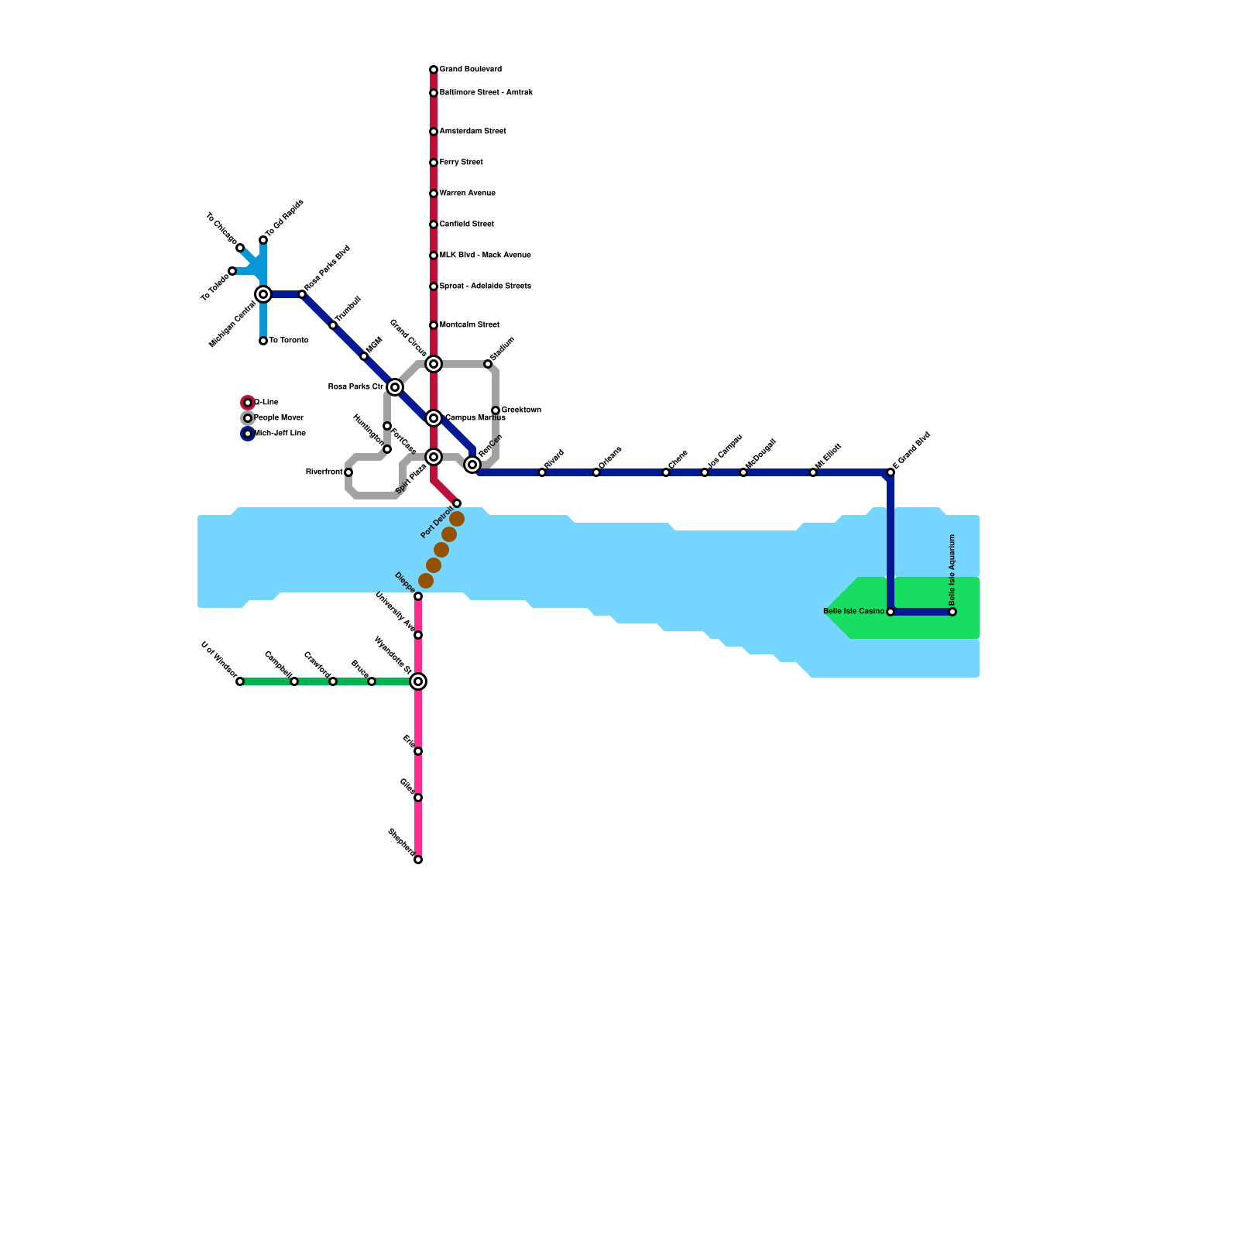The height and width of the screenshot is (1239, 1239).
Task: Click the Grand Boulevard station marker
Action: point(434,70)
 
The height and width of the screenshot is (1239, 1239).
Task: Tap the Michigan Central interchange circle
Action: point(263,294)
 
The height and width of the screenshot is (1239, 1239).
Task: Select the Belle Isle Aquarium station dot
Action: point(952,612)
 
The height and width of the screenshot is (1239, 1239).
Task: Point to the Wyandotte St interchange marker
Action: point(418,681)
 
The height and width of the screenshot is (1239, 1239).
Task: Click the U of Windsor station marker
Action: point(240,681)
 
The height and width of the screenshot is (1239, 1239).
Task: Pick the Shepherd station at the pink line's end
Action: point(418,860)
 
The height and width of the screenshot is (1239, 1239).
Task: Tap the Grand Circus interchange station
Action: point(434,364)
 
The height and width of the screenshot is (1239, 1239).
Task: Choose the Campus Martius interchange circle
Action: point(434,418)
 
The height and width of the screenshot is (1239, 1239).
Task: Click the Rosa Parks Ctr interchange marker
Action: point(395,387)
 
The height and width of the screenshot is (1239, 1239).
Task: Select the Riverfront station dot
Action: point(348,472)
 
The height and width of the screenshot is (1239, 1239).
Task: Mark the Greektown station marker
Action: point(496,410)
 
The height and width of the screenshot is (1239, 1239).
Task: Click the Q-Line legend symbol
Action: point(248,403)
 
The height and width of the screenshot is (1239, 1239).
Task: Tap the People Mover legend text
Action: point(279,418)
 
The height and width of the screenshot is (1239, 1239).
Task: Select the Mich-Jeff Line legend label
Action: point(280,434)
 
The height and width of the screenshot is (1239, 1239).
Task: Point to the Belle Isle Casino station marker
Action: point(891,612)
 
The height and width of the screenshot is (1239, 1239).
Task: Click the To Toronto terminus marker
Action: point(263,341)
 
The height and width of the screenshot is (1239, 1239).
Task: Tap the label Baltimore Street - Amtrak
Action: point(486,93)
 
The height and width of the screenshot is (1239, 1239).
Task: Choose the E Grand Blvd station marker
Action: point(891,472)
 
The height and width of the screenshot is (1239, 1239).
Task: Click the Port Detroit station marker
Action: point(457,503)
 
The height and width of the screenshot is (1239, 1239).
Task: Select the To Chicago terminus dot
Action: point(240,248)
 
